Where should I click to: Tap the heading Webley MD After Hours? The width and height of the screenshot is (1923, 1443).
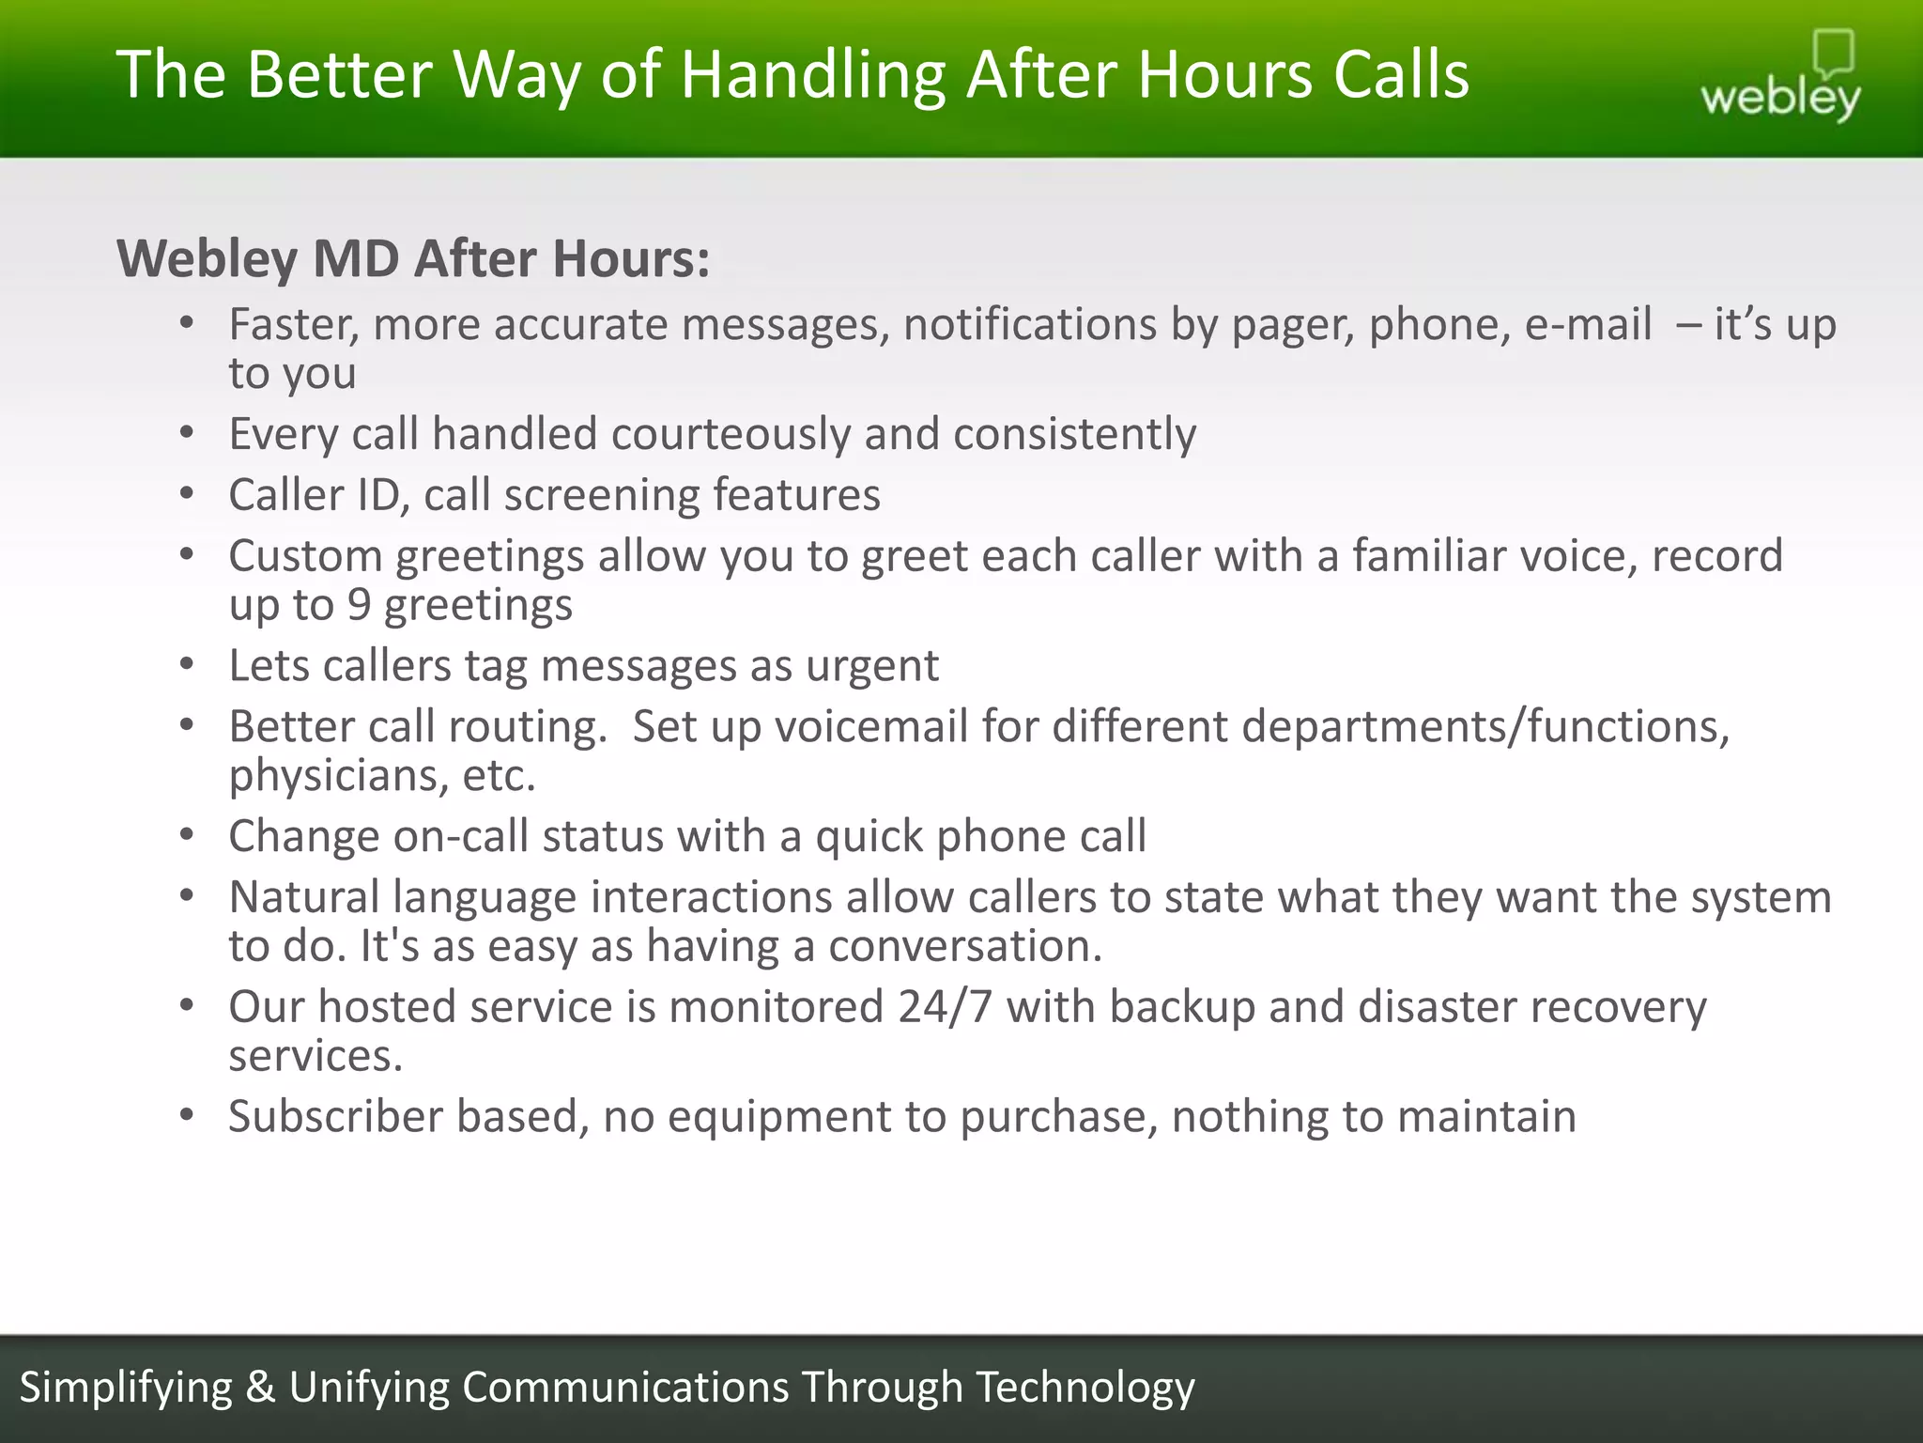(413, 258)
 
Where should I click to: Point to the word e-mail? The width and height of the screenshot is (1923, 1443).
(1588, 324)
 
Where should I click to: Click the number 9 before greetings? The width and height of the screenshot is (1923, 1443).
(359, 605)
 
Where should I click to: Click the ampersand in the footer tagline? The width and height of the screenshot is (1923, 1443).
(260, 1388)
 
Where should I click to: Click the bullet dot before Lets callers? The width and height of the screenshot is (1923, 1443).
(187, 665)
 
